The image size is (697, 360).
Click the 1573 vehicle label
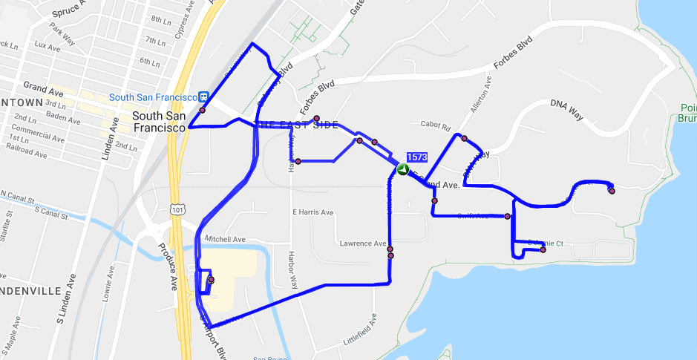417,157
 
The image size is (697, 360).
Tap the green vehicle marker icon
402,169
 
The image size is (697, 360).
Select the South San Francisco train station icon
203,96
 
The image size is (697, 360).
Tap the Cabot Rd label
435,125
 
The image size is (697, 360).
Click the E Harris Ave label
312,212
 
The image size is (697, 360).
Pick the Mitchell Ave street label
226,239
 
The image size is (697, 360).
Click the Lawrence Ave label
363,243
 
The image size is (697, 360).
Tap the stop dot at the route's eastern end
612,192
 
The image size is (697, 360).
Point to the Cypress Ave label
184,29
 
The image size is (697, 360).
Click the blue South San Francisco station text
152,97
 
